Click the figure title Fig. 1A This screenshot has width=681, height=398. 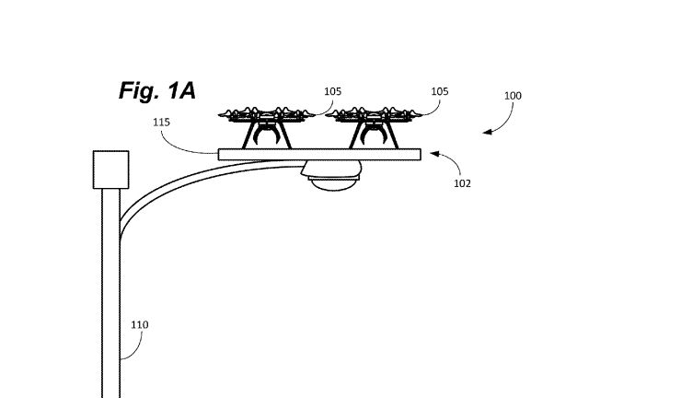point(157,91)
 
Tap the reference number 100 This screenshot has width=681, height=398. point(513,96)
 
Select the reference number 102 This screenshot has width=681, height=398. point(462,183)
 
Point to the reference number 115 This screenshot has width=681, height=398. point(161,123)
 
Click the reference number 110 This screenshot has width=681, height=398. point(139,324)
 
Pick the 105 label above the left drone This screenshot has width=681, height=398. point(333,91)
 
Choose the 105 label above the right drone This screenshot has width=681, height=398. point(440,91)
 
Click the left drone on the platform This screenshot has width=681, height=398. point(267,127)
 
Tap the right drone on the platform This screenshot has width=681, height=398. point(374,127)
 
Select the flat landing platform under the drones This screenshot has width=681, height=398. point(319,155)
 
